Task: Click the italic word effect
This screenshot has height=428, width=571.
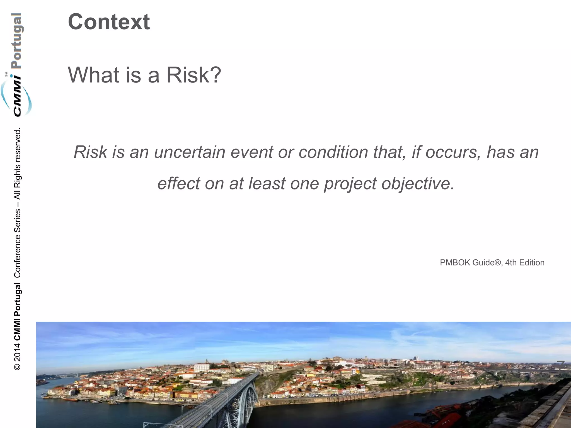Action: (179, 184)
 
